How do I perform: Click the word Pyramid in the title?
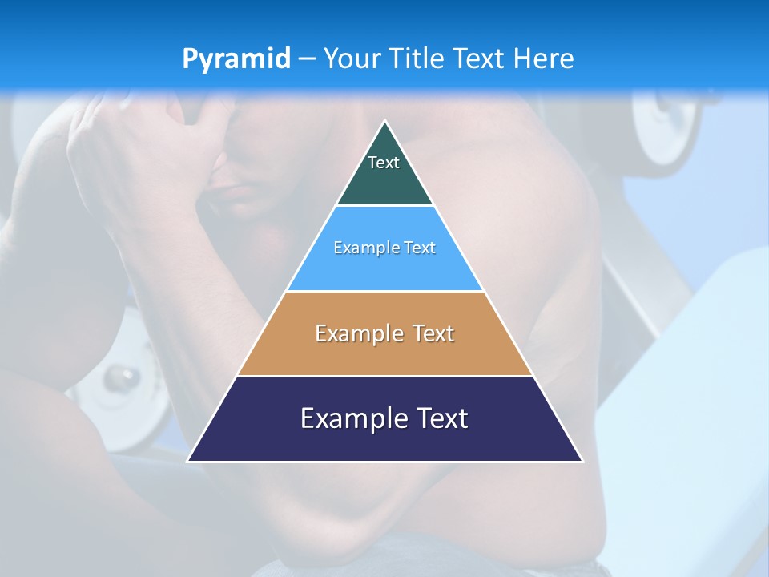[x=236, y=59]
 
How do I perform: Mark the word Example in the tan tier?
[x=357, y=333]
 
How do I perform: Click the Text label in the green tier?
[x=384, y=163]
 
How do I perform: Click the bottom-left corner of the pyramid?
[x=188, y=461]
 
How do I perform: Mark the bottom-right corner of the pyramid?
[x=582, y=461]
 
